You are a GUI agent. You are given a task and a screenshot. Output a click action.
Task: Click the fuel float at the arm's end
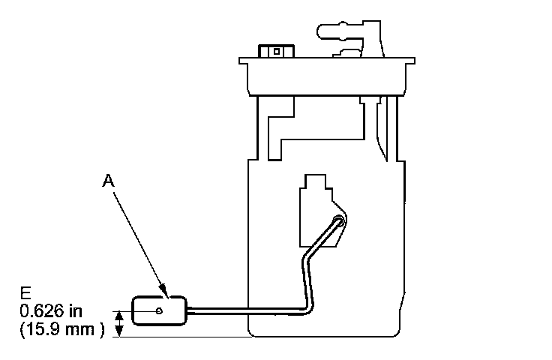click(x=158, y=310)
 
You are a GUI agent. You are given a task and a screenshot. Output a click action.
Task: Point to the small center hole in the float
click(x=159, y=310)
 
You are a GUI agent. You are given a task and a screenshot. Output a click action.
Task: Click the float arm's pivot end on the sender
click(x=339, y=221)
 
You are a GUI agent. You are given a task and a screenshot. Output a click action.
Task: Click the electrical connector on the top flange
click(x=275, y=52)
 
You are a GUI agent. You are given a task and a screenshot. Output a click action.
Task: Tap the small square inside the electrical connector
click(x=276, y=52)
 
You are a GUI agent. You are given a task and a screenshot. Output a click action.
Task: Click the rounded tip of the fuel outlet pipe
click(x=322, y=32)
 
